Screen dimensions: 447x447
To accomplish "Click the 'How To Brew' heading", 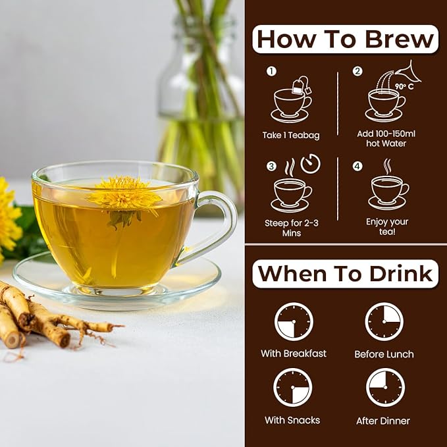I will [345, 39].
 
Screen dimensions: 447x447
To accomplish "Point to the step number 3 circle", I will [271, 167].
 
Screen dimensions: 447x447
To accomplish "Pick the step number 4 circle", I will [357, 167].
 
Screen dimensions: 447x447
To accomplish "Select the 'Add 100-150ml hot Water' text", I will [386, 139].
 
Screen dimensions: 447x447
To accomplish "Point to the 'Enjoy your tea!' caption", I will [386, 227].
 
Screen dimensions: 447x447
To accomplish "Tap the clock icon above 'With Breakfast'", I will [294, 322].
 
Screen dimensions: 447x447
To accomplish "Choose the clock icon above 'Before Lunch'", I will [384, 322].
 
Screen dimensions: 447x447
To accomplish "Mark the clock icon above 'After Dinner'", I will [385, 387].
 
